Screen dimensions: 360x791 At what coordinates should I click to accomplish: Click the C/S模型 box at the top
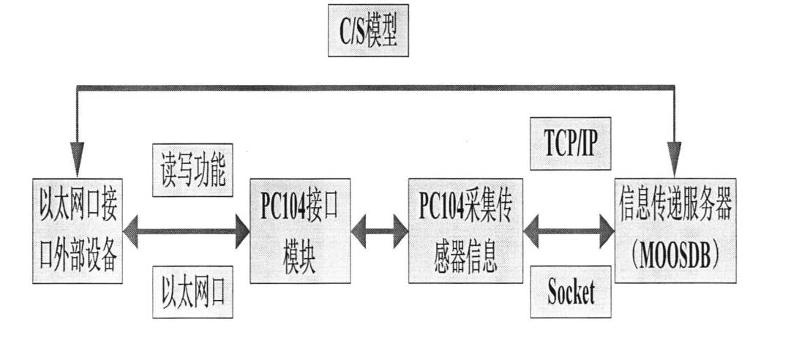367,34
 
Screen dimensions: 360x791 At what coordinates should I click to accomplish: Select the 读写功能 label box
192,169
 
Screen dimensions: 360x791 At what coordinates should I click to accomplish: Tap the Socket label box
571,293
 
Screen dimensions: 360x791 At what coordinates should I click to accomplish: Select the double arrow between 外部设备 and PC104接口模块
186,233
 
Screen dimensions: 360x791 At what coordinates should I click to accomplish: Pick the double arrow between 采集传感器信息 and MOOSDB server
568,233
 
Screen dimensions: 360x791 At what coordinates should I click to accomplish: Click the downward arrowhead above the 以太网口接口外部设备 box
75,156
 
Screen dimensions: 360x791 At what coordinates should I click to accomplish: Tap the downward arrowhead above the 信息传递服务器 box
675,156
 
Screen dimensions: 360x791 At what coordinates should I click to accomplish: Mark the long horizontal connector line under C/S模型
373,88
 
